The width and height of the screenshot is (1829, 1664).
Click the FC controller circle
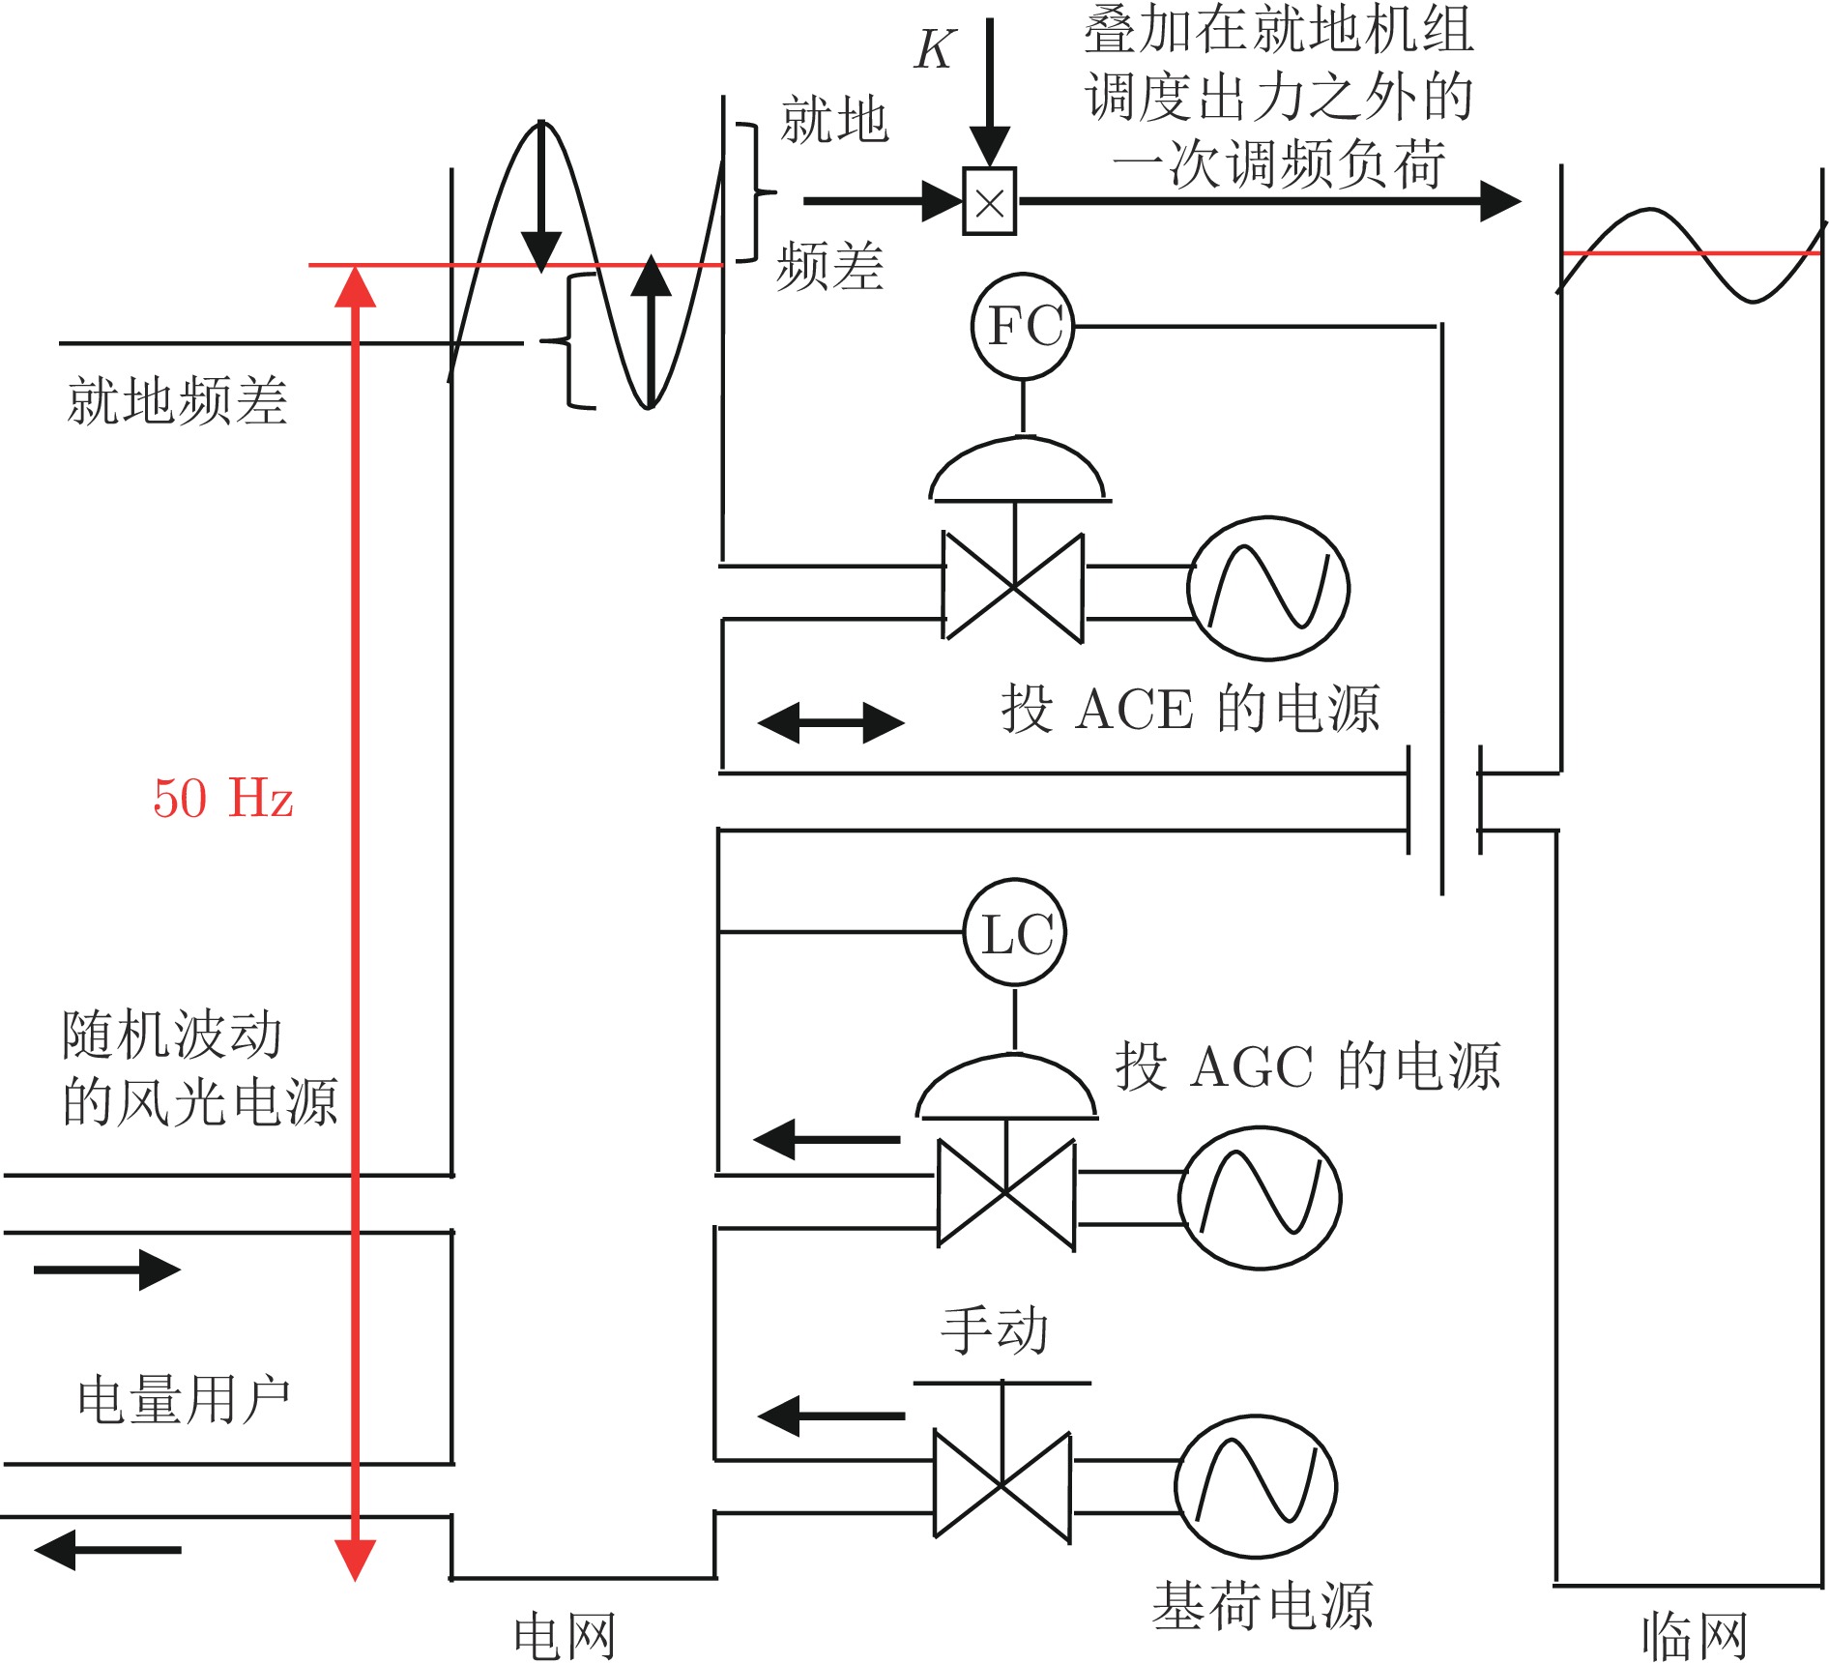click(1023, 327)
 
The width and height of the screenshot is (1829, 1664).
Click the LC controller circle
click(1015, 933)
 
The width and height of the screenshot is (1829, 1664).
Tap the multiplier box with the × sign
click(989, 202)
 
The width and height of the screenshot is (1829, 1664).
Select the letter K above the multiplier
click(935, 49)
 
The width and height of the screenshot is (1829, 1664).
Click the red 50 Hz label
click(223, 799)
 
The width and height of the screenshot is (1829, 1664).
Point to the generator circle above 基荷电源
click(1256, 1487)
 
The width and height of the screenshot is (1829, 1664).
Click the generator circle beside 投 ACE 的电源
click(1268, 588)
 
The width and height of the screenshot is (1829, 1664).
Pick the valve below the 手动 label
click(1002, 1484)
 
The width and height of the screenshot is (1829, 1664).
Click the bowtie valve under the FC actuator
click(1013, 587)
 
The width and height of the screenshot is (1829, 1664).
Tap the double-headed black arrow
click(831, 722)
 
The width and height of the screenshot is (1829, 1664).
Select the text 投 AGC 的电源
click(1308, 1067)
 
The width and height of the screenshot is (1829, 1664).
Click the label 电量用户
click(184, 1399)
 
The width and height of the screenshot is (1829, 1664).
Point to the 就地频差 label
click(177, 400)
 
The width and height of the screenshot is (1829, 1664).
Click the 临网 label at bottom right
click(1695, 1636)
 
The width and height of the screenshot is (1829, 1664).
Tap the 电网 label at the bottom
click(565, 1636)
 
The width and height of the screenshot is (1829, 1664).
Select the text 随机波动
click(172, 1035)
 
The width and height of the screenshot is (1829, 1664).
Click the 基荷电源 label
click(1263, 1606)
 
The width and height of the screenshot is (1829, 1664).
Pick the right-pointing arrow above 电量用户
click(107, 1270)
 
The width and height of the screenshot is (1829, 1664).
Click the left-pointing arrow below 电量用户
click(107, 1550)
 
